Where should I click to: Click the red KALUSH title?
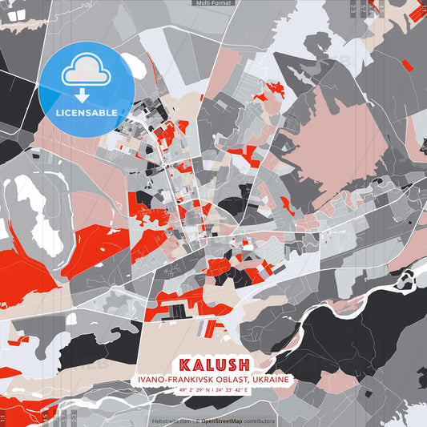[x=213, y=363]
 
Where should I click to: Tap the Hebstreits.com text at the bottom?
[x=171, y=421]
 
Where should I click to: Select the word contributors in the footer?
[x=260, y=421]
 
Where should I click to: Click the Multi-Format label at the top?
[x=213, y=3]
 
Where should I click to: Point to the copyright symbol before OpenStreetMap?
[x=196, y=421]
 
